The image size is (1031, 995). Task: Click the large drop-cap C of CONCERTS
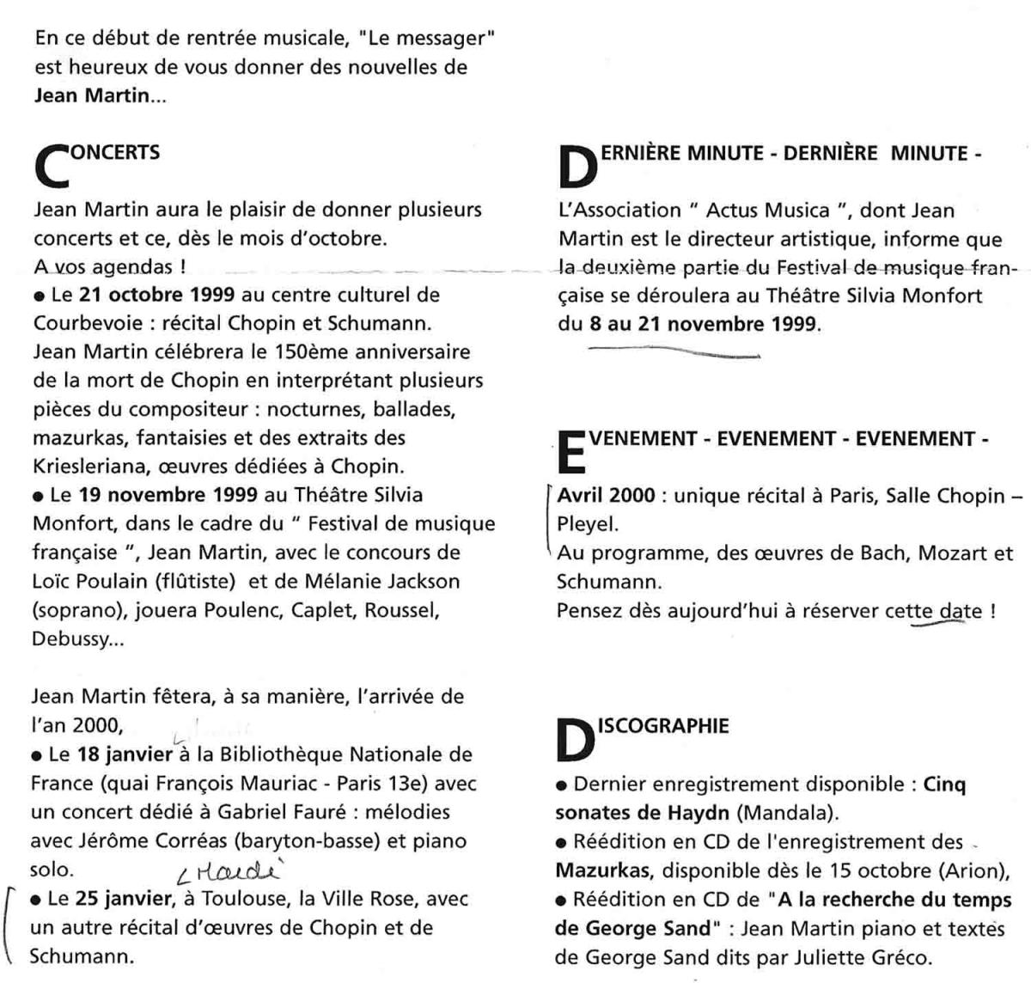(x=53, y=164)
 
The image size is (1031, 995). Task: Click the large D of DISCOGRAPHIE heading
(x=575, y=739)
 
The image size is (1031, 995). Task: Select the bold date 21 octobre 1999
(x=156, y=295)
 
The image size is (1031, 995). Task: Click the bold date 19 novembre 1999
(x=168, y=495)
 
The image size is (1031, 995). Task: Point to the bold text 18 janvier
(x=125, y=754)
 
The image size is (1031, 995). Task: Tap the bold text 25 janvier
(x=125, y=899)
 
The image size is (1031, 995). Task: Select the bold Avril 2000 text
(x=606, y=496)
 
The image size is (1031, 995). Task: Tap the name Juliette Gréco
(x=868, y=956)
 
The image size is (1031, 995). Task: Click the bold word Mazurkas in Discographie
(x=602, y=870)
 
